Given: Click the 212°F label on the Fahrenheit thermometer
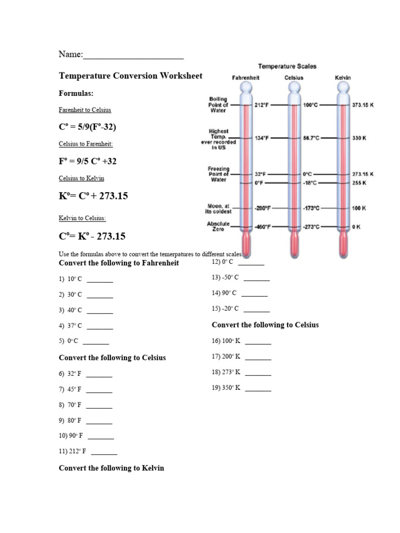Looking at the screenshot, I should [x=262, y=105].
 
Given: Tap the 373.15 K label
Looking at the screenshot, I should [x=363, y=105].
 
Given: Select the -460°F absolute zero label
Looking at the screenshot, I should [x=262, y=227].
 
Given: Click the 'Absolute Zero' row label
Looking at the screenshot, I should [x=218, y=226].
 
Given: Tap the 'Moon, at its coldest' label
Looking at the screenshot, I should [x=218, y=209].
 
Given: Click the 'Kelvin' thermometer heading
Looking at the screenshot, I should [x=343, y=78].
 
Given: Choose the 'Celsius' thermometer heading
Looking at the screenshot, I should [x=294, y=78].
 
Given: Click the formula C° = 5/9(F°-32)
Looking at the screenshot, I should [x=87, y=126].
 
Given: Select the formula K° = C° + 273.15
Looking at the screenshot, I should [x=93, y=196].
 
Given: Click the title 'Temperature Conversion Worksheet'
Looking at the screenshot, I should [x=131, y=76].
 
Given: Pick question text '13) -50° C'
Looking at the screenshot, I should [x=225, y=278].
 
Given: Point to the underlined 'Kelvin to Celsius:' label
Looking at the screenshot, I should [x=82, y=218].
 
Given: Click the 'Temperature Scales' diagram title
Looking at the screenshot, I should [x=287, y=66].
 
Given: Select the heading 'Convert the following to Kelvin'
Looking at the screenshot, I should [x=111, y=468].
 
